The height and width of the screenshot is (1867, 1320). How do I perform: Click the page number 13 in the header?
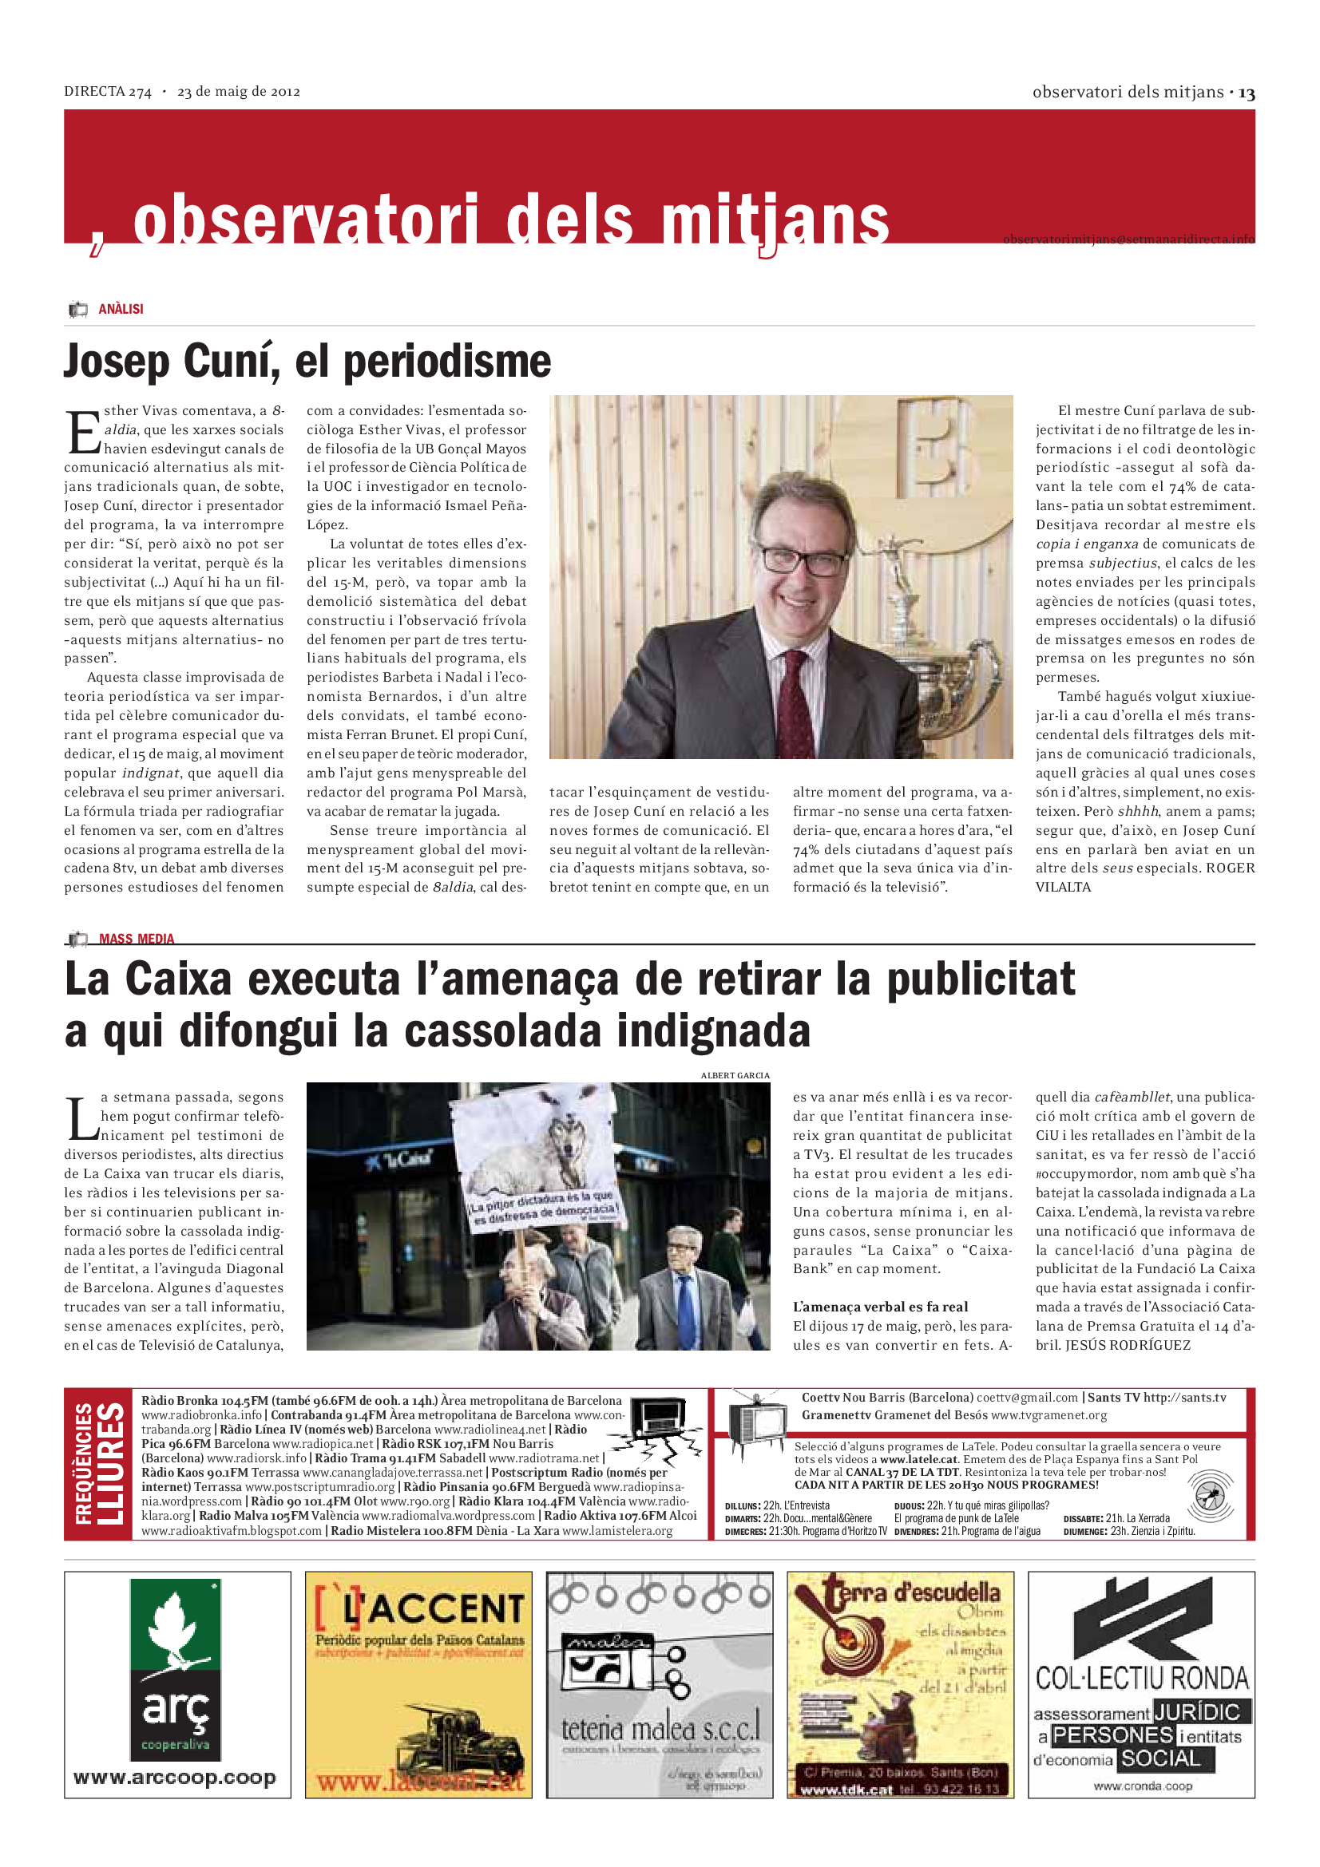tap(1247, 93)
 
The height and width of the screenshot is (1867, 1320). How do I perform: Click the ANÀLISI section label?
tap(121, 309)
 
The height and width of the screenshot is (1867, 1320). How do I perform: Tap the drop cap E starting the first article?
tap(82, 432)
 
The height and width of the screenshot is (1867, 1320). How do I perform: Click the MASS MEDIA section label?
tap(136, 939)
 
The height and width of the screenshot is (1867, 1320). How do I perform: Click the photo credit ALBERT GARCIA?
tap(735, 1075)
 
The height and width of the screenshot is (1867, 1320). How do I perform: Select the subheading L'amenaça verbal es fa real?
tap(880, 1307)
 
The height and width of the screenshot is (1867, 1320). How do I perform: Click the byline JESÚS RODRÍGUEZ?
tap(1128, 1345)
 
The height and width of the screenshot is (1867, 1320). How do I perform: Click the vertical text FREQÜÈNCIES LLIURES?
tap(98, 1464)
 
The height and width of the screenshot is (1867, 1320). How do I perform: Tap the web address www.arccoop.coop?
tap(175, 1778)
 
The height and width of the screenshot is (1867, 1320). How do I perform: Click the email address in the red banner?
tap(1128, 239)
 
